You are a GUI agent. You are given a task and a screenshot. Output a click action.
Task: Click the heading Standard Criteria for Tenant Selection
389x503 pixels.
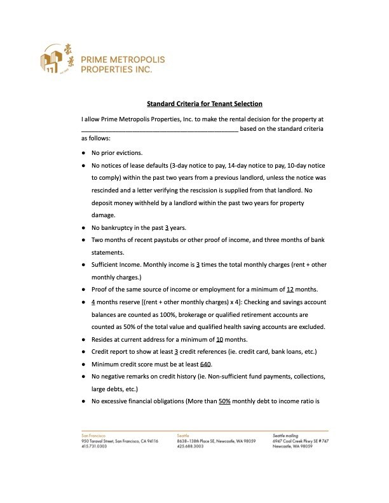click(205, 104)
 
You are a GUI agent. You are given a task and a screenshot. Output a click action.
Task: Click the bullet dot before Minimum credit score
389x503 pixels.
click(84, 365)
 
